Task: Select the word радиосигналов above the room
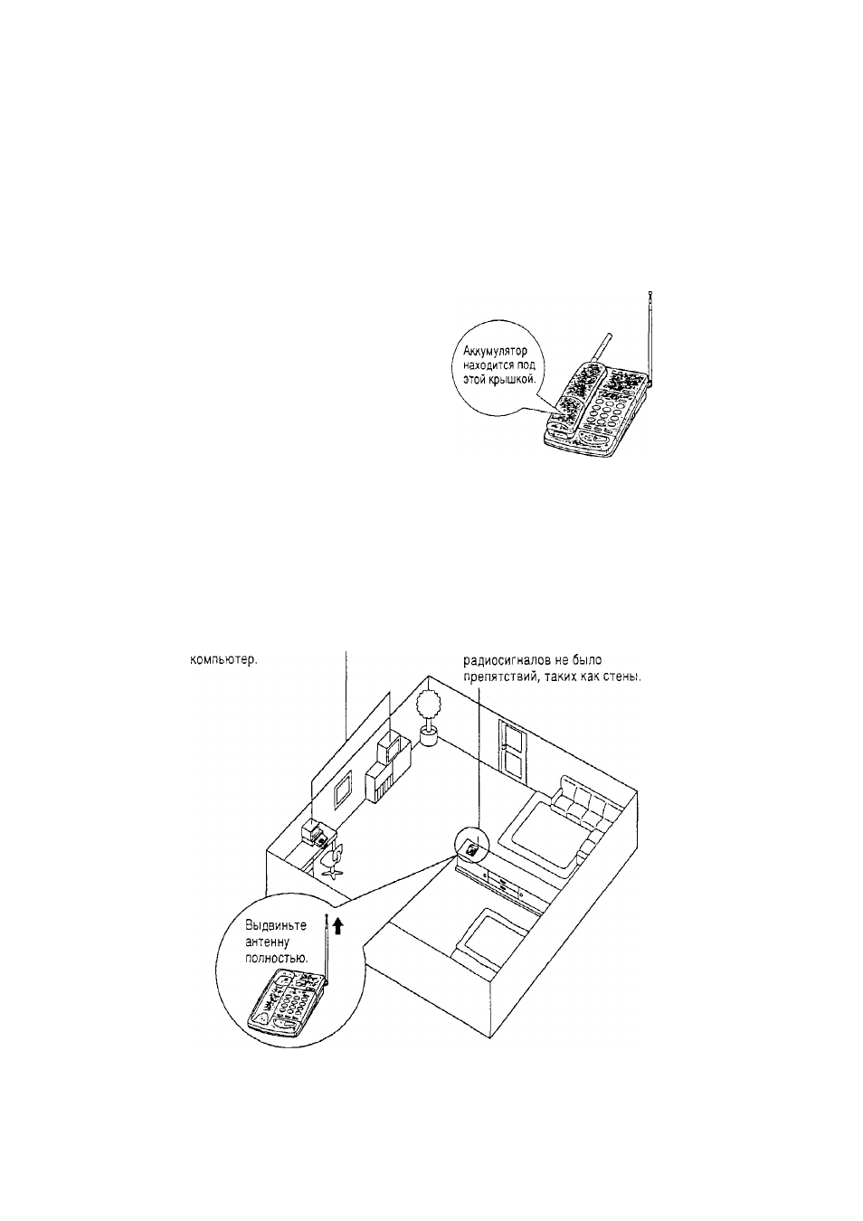[x=501, y=659]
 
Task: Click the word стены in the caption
[x=621, y=678]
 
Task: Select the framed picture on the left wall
[x=342, y=792]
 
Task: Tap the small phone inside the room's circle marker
[x=472, y=848]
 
